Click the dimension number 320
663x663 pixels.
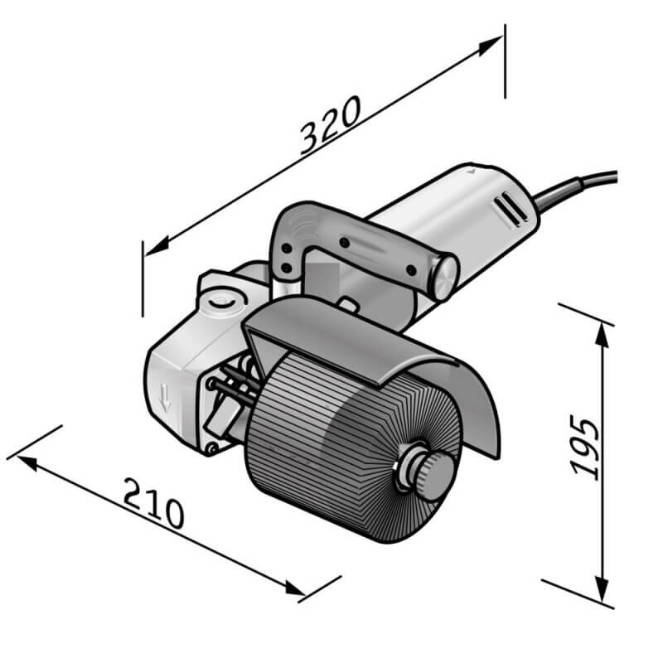(x=329, y=126)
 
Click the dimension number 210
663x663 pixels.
(x=153, y=503)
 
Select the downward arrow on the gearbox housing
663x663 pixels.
(x=166, y=399)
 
